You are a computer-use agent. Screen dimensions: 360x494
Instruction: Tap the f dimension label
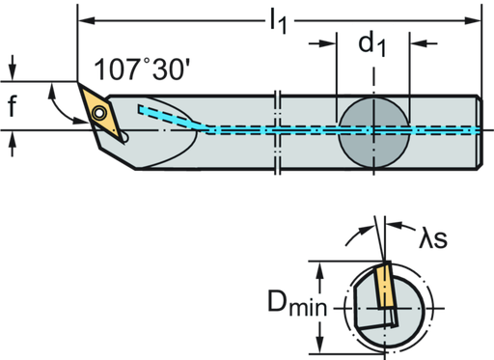coord(13,108)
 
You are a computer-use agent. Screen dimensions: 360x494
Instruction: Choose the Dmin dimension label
coord(299,306)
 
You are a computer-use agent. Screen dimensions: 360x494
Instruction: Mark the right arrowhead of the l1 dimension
coord(475,17)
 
